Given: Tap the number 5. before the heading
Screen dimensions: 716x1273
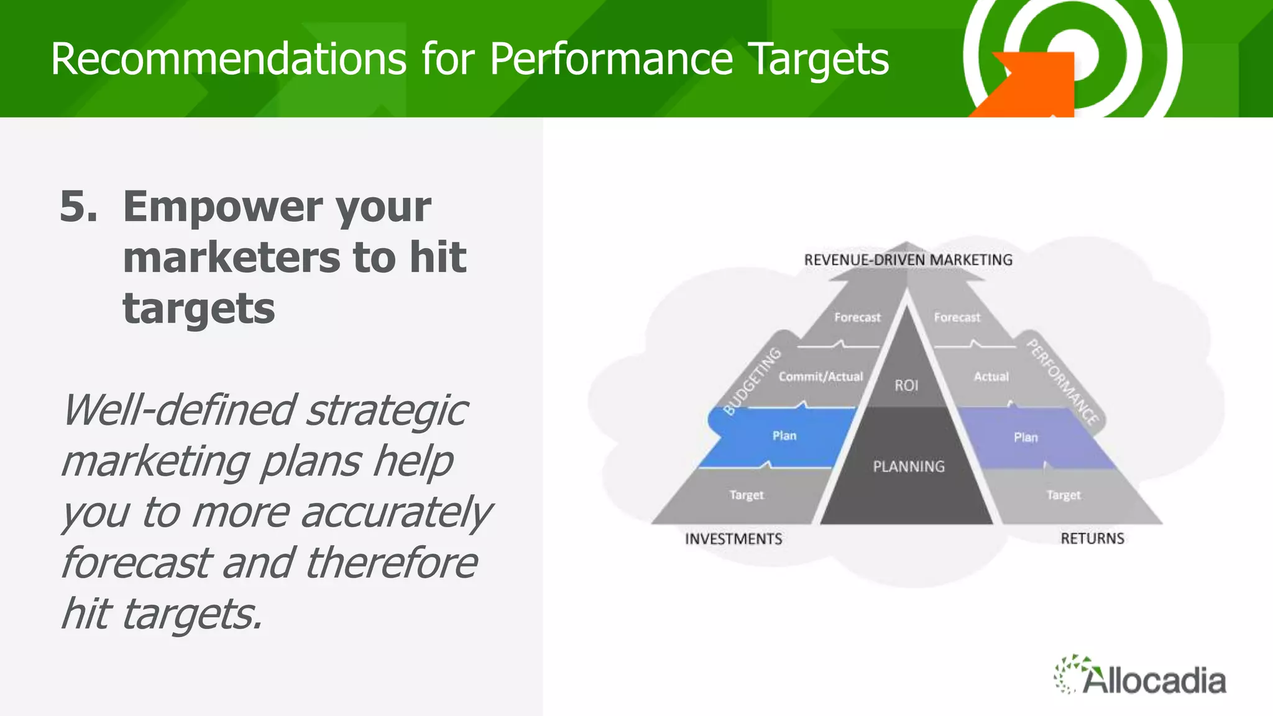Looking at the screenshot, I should tap(78, 206).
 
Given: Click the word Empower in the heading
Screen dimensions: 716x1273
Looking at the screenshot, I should tap(222, 206).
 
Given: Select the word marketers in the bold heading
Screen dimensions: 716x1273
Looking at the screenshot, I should tap(232, 257).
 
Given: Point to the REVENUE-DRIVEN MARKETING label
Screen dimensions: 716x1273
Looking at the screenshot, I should tap(908, 260).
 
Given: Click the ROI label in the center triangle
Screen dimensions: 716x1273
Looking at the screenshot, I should tap(906, 385).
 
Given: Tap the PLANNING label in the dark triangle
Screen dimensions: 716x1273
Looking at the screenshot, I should tap(909, 466).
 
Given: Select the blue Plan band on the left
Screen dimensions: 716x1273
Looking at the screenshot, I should tap(784, 436).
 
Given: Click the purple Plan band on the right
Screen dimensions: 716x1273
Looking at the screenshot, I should tap(1026, 438).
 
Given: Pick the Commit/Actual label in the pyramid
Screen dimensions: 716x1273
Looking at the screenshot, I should tap(820, 377).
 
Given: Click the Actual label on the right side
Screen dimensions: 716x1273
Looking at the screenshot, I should tap(991, 377).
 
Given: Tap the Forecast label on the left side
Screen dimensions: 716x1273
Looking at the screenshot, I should tap(857, 318).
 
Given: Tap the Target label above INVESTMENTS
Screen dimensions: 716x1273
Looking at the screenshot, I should tap(746, 495).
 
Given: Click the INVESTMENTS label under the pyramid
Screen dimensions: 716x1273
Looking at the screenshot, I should tap(733, 539).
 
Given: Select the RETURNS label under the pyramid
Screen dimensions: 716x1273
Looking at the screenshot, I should tap(1092, 539).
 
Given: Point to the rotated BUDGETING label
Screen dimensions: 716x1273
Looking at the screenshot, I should tap(752, 381).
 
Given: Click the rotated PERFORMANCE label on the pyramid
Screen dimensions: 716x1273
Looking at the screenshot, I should tap(1062, 382).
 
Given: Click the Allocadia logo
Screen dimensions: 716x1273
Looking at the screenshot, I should tap(1140, 676).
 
